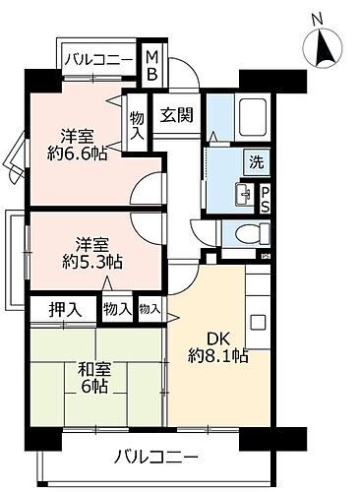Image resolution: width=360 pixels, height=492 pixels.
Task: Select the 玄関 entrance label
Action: (x=177, y=114)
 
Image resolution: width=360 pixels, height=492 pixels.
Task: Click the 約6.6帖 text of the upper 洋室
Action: (x=75, y=154)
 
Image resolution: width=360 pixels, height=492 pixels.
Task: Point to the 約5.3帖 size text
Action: (x=75, y=262)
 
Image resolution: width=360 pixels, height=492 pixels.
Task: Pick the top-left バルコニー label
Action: (x=100, y=61)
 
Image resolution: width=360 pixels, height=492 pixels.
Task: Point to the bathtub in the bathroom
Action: (x=252, y=120)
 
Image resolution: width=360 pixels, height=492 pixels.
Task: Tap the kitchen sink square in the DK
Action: (x=259, y=322)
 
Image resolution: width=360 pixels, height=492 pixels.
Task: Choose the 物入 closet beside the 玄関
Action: (x=136, y=124)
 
